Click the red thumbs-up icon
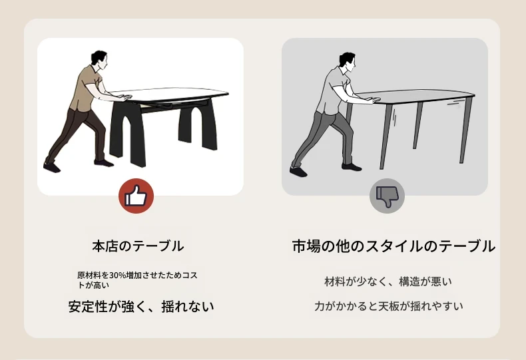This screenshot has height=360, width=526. (x=136, y=196)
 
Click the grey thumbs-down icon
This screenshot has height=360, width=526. (x=387, y=196)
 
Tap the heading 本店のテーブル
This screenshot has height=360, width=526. (x=138, y=246)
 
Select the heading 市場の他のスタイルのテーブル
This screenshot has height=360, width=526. (x=394, y=246)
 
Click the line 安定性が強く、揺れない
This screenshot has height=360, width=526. (x=141, y=306)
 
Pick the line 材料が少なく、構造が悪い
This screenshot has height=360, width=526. (x=388, y=281)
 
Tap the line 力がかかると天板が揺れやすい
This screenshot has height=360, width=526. (x=389, y=306)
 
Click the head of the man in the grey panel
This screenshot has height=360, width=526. (x=347, y=61)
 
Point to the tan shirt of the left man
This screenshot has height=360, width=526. (x=87, y=87)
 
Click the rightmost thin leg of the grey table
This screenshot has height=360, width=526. (x=466, y=130)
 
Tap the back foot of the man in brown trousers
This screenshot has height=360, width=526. (x=52, y=167)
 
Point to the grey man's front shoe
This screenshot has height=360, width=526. (x=352, y=166)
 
